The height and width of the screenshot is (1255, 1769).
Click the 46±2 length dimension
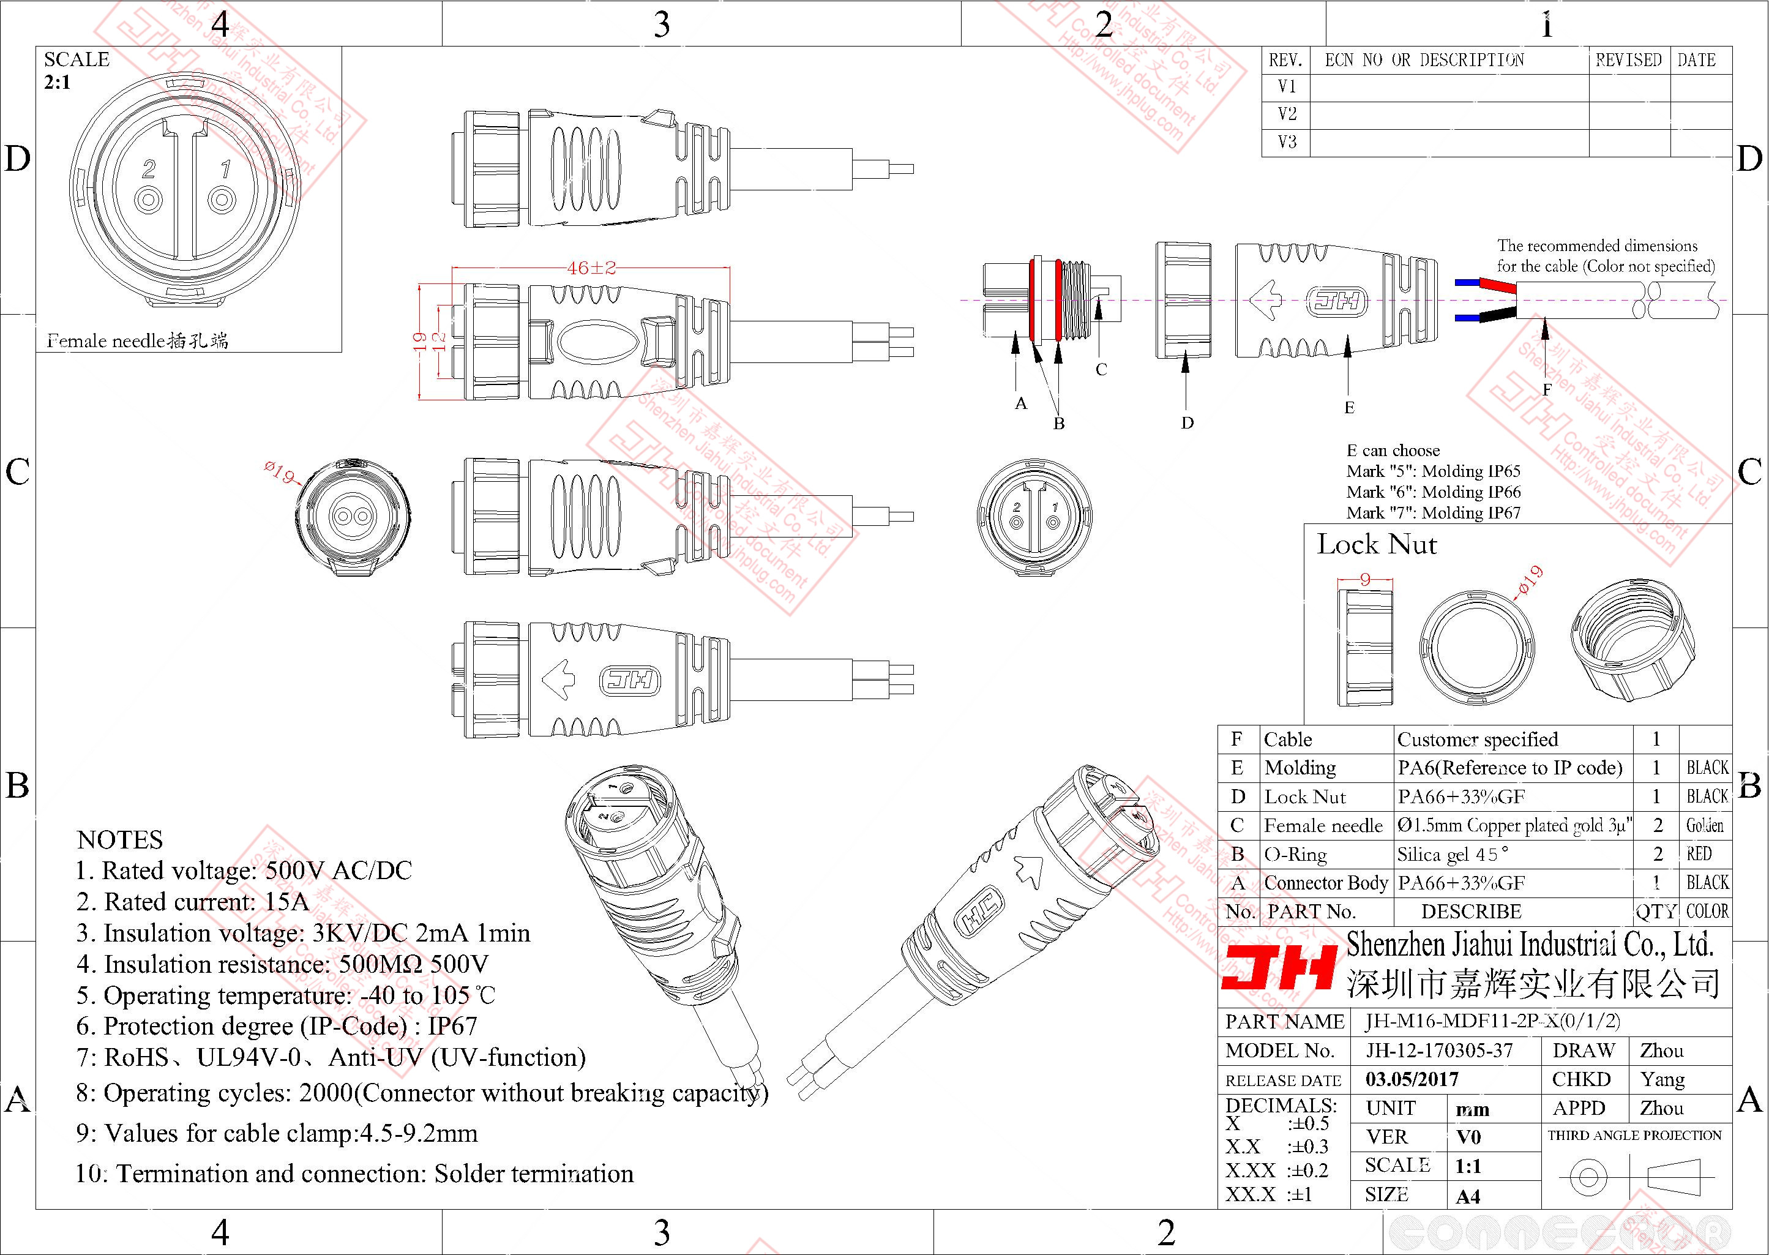pyautogui.click(x=591, y=268)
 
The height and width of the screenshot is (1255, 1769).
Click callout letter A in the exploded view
pyautogui.click(x=1020, y=403)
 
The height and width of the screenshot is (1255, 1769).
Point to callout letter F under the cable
pyautogui.click(x=1547, y=390)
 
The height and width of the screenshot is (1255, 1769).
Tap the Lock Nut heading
pyautogui.click(x=1377, y=545)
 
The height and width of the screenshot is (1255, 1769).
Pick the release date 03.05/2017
pyautogui.click(x=1412, y=1079)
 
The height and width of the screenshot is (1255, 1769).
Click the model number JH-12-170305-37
pyautogui.click(x=1438, y=1050)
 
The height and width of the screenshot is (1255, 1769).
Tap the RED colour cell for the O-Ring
pyautogui.click(x=1699, y=854)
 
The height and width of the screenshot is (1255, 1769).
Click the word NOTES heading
pyautogui.click(x=120, y=840)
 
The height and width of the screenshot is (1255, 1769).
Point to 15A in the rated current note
pyautogui.click(x=286, y=902)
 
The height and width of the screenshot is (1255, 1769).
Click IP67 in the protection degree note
pyautogui.click(x=452, y=1026)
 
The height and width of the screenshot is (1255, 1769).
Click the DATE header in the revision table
pyautogui.click(x=1696, y=60)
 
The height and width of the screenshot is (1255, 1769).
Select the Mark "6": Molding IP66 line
pyautogui.click(x=1433, y=492)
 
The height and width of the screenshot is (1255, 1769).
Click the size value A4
pyautogui.click(x=1468, y=1197)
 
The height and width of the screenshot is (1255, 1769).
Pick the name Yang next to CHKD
pyautogui.click(x=1662, y=1079)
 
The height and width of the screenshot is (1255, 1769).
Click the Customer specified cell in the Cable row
pyautogui.click(x=1477, y=740)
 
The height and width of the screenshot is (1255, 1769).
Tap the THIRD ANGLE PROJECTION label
pyautogui.click(x=1634, y=1135)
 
